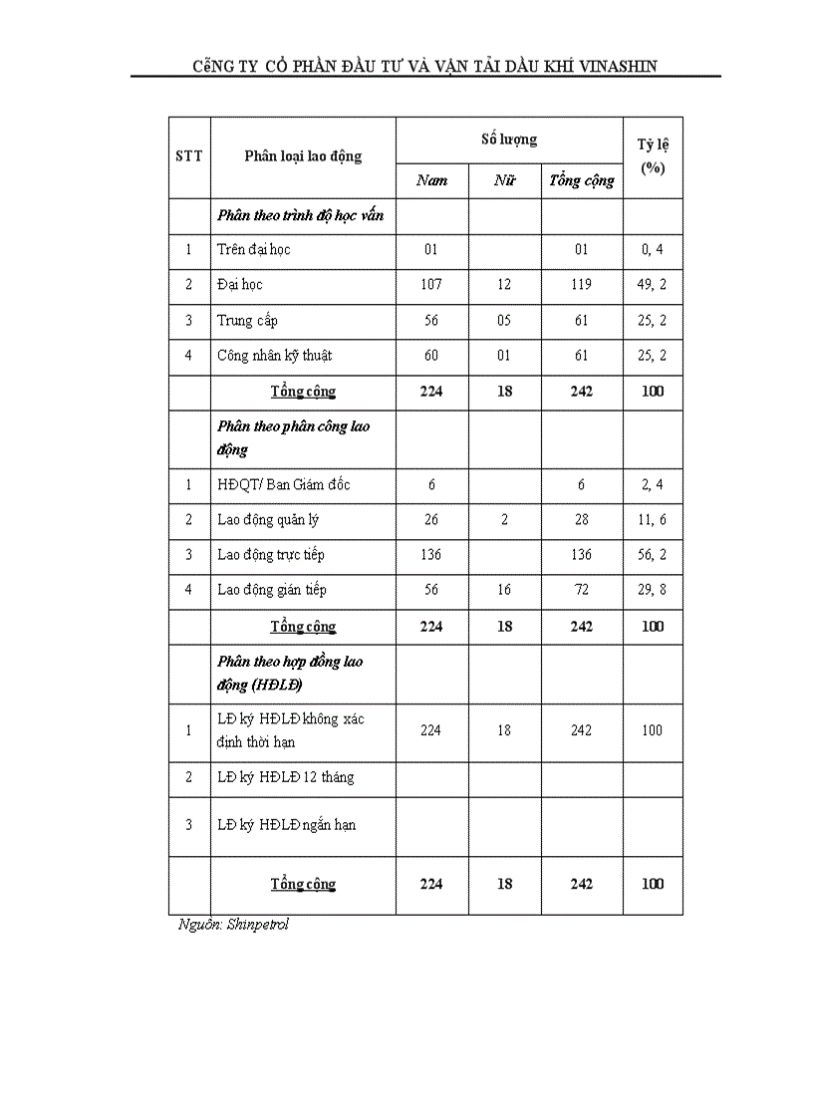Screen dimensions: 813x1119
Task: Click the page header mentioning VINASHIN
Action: click(425, 66)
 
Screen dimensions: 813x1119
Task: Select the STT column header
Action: click(188, 156)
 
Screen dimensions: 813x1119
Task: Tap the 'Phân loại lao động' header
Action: click(303, 156)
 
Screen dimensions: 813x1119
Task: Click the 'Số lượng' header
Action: click(509, 140)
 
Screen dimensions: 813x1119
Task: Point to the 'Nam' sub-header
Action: click(431, 180)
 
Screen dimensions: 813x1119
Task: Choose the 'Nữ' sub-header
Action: click(504, 180)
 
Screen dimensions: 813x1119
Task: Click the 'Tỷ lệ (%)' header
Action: click(653, 156)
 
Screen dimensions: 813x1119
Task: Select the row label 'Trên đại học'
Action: click(254, 249)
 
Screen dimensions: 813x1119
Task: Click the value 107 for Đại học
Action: click(431, 285)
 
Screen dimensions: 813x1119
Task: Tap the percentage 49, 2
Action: click(653, 285)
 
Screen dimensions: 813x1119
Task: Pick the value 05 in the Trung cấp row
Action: click(504, 321)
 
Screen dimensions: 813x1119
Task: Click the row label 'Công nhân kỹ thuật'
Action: click(275, 356)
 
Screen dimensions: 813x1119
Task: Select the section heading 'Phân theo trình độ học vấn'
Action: click(300, 215)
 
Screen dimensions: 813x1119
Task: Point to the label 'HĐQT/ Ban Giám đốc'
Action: click(284, 485)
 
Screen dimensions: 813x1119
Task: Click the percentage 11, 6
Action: click(653, 520)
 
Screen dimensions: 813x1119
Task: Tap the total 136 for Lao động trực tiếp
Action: click(582, 555)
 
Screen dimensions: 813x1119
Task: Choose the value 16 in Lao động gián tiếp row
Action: click(504, 590)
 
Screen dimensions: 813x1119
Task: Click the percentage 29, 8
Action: click(653, 590)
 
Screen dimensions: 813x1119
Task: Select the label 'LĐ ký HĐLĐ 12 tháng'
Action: click(286, 777)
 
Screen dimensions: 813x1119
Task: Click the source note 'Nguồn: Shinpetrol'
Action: click(233, 925)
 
